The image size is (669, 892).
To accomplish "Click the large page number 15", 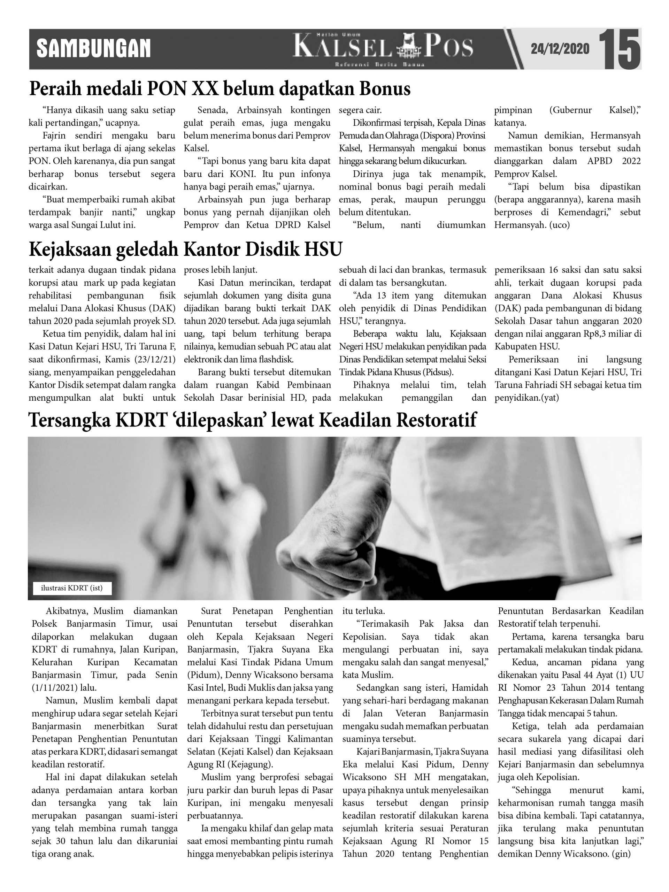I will point(620,49).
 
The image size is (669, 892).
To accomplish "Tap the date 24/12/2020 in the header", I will point(560,49).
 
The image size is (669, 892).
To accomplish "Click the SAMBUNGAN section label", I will point(93,49).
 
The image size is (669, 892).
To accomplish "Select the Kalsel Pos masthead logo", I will point(383,48).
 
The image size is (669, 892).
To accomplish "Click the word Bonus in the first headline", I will point(385,89).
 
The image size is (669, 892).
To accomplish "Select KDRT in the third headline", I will point(141,420).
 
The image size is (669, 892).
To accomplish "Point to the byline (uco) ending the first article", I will point(559,225).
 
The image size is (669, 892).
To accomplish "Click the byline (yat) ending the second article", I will point(548,398).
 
